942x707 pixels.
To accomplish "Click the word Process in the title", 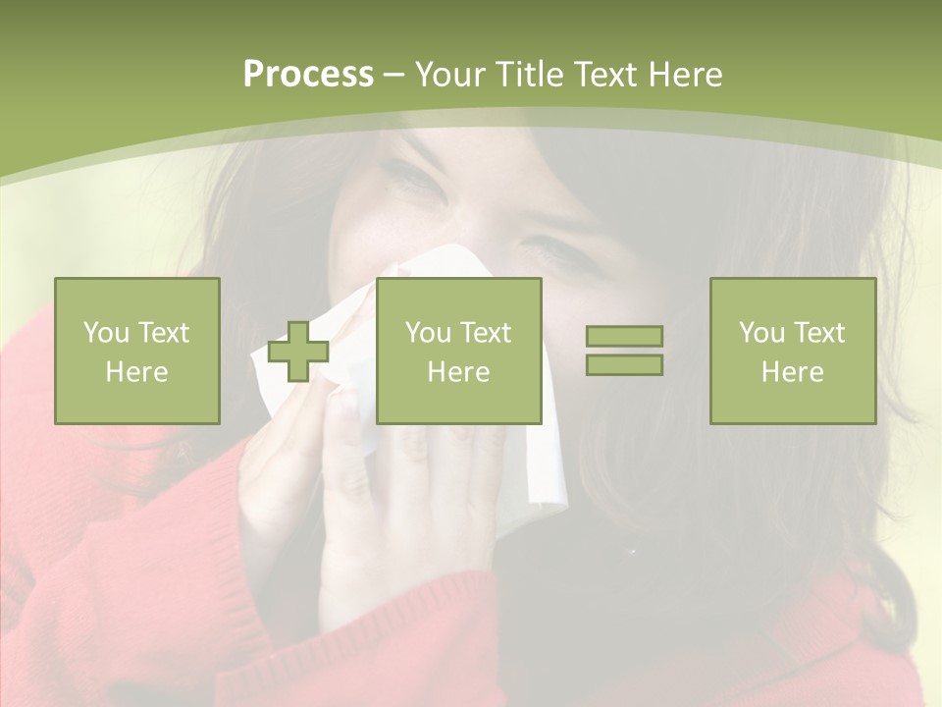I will [x=308, y=75].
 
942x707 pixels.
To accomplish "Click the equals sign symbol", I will [x=624, y=351].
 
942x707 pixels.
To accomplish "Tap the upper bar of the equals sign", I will [x=624, y=337].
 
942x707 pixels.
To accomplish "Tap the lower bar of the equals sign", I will [x=624, y=364].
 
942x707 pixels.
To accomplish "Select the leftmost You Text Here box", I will [x=137, y=351].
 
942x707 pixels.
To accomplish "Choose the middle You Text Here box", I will [x=458, y=351].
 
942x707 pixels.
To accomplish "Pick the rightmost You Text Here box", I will [x=793, y=351].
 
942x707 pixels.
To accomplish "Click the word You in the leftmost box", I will [x=107, y=333].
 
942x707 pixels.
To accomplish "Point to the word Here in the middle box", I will [x=458, y=372].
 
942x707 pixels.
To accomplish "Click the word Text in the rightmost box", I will [x=819, y=333].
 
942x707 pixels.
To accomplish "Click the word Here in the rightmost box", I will [x=793, y=372].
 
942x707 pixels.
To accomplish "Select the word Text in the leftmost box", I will [x=164, y=333].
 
